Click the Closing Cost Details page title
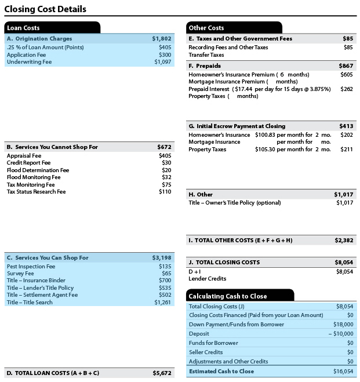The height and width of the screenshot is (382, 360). tap(45, 9)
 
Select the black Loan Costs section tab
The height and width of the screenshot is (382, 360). tap(52, 27)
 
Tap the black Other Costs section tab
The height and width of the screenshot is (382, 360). tap(234, 27)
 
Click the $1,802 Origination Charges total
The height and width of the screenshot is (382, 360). tap(162, 38)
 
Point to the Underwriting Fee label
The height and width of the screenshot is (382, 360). tap(29, 62)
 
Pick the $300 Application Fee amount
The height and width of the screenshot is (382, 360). tap(165, 54)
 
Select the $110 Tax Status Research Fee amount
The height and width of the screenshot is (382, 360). tap(165, 191)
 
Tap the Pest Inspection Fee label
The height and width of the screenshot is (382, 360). tap(31, 267)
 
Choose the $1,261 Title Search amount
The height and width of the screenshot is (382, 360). tap(162, 302)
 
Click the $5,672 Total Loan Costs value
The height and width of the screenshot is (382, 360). tap(162, 373)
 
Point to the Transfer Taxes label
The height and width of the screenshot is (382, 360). tap(206, 55)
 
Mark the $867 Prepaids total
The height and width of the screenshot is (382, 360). tap(346, 66)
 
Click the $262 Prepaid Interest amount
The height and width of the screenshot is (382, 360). tap(346, 89)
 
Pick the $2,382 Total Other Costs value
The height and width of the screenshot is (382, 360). tap(344, 240)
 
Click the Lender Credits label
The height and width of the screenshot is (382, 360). tap(207, 279)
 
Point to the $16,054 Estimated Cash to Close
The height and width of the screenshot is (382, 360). tap(344, 372)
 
